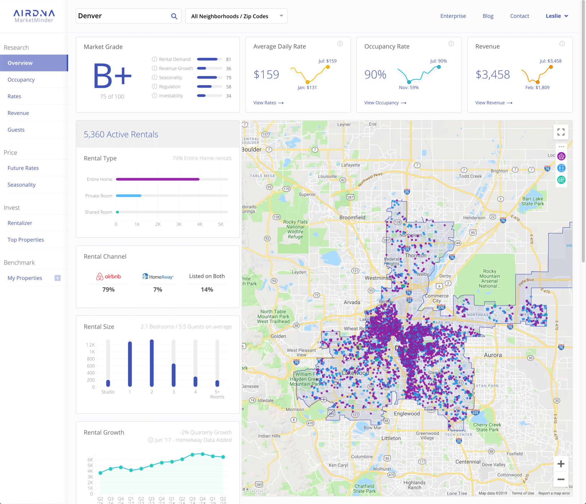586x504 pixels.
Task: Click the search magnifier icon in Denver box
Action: [x=174, y=16]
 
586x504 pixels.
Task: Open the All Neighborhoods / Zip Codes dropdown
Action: [x=236, y=16]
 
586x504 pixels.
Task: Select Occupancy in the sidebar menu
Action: [x=21, y=80]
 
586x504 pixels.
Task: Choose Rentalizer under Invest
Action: [x=20, y=223]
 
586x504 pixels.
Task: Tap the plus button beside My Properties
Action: [x=58, y=278]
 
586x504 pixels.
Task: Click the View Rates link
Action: [x=268, y=103]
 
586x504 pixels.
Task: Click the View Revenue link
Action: [x=494, y=103]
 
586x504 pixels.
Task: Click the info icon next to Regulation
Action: [x=155, y=87]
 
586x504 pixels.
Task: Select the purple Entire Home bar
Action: [x=158, y=179]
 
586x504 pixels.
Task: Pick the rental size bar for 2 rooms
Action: [x=152, y=363]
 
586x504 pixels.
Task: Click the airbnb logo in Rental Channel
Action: [x=108, y=276]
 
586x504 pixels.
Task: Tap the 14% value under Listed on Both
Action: [x=207, y=290]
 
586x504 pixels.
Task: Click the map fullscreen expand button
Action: [x=561, y=132]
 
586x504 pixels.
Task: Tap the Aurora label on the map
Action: [x=493, y=355]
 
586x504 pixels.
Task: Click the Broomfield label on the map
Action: [x=352, y=217]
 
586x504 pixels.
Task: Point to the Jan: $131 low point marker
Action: [x=308, y=82]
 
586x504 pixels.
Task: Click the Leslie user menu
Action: [x=557, y=16]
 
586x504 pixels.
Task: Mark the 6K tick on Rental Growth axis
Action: [x=90, y=460]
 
